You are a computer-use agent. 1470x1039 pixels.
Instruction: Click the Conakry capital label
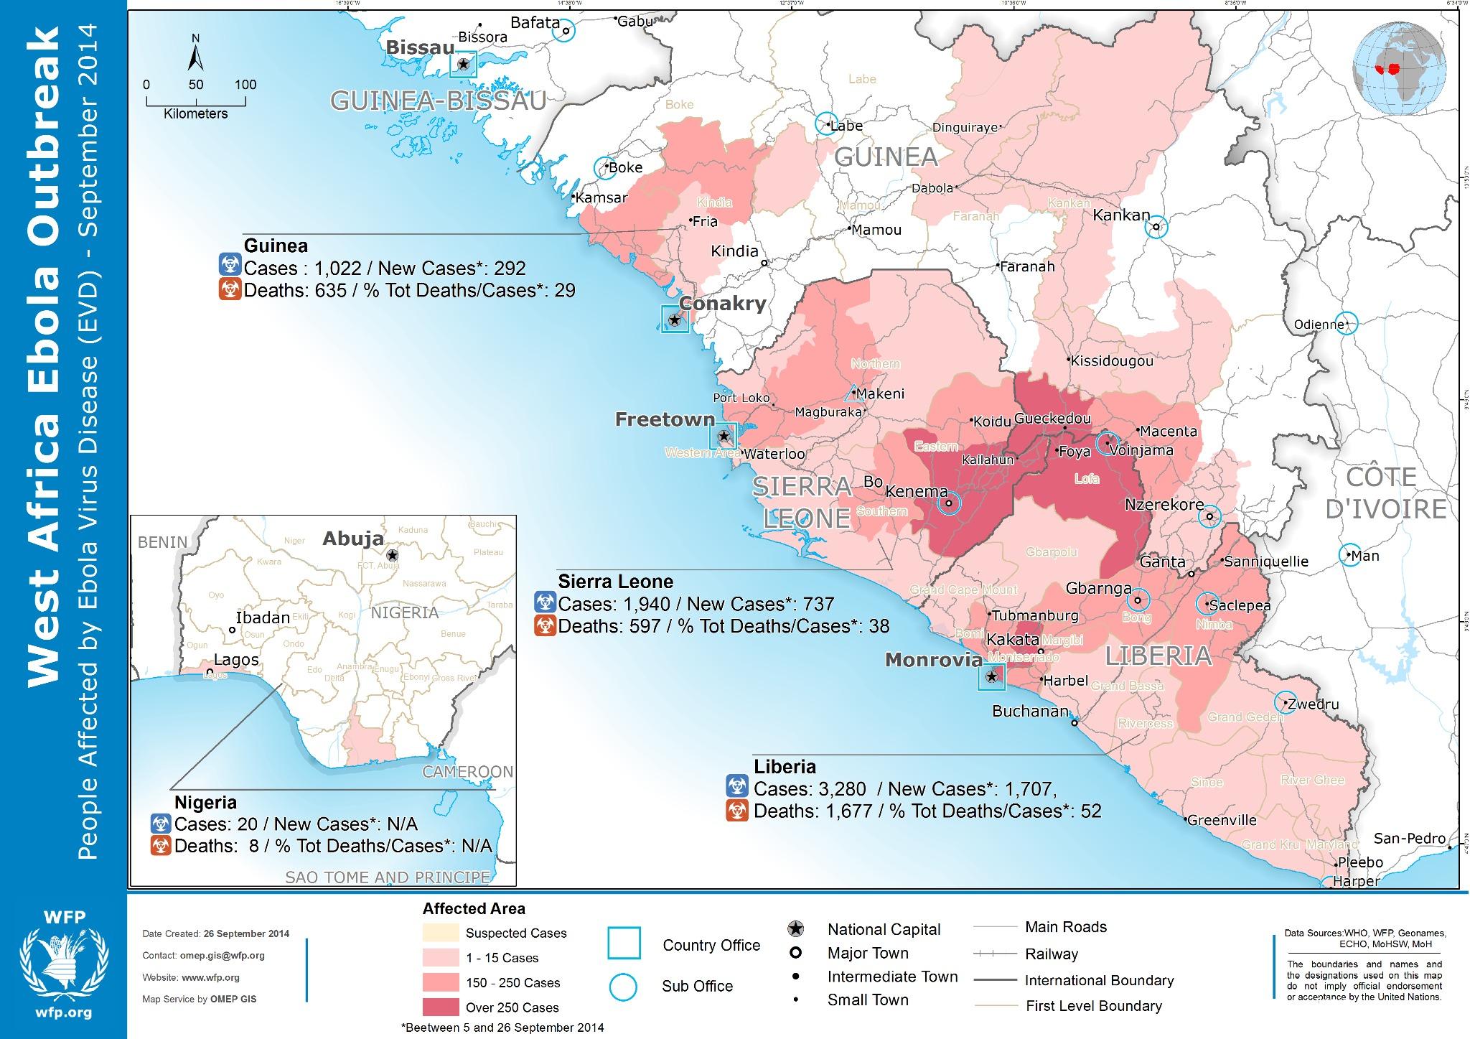(722, 303)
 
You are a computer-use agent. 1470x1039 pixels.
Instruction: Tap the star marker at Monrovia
(992, 676)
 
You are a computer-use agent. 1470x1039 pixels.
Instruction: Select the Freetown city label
(665, 419)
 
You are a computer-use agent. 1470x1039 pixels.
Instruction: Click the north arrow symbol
(195, 57)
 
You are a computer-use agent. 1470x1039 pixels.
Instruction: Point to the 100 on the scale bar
(245, 85)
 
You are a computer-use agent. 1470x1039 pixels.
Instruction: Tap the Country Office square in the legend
(624, 944)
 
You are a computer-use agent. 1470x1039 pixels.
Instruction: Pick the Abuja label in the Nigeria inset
(352, 539)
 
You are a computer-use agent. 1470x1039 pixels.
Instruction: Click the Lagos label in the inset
(237, 659)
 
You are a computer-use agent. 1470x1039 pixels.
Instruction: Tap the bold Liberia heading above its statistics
(785, 766)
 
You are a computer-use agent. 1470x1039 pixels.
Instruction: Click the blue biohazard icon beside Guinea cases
(229, 267)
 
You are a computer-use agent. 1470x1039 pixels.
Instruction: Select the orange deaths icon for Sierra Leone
(545, 626)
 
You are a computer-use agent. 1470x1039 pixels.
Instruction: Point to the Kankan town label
(1120, 215)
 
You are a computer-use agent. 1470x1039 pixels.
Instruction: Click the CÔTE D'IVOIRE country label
(1385, 493)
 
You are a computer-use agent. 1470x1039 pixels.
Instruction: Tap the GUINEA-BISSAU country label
(438, 101)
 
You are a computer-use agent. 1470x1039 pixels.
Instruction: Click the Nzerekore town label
(1164, 504)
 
